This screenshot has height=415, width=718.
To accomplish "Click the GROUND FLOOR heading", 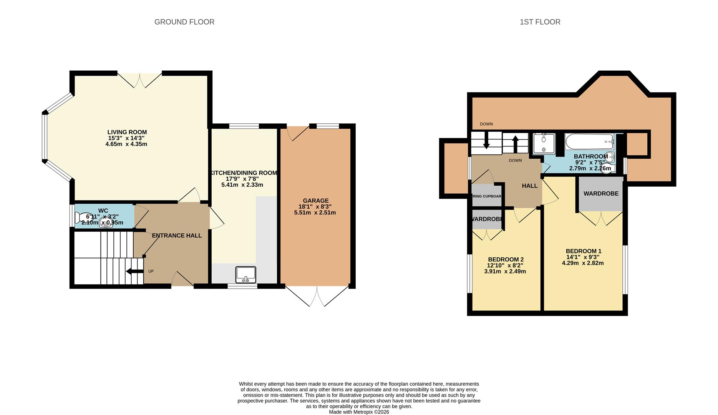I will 184,22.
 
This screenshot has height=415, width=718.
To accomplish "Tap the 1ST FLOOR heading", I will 540,22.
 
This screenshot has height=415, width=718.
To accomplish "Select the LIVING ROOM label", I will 127,132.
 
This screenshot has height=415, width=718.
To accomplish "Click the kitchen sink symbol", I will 246,274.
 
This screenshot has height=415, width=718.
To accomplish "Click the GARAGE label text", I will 315,201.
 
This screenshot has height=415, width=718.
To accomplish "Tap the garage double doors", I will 317,296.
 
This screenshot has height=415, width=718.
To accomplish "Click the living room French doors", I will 139,80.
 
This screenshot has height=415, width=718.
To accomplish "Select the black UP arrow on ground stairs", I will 134,272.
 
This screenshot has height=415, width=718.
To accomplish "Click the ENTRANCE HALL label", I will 177,236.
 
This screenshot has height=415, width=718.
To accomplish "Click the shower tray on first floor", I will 544,143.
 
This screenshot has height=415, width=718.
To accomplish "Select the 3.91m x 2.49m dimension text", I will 505,271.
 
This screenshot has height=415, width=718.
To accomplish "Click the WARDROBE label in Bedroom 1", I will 601,194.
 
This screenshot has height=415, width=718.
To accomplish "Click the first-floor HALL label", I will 529,186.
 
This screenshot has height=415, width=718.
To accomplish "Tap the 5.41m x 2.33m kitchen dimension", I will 242,185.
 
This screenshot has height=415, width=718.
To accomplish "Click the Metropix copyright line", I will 359,412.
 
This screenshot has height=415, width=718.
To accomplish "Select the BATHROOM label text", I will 590,156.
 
